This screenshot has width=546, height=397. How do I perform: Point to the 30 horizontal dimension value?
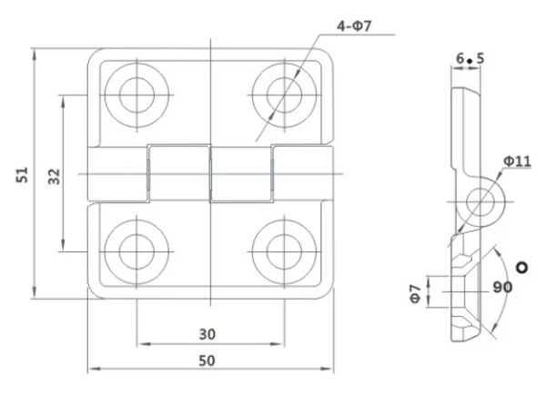pos(207,333)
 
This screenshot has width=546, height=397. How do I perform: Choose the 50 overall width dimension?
pos(207,361)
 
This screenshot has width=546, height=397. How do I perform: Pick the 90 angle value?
pos(501,287)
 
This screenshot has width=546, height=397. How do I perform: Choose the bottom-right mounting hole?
pos(281,249)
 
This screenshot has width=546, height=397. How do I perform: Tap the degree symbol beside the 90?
pos(521,267)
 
